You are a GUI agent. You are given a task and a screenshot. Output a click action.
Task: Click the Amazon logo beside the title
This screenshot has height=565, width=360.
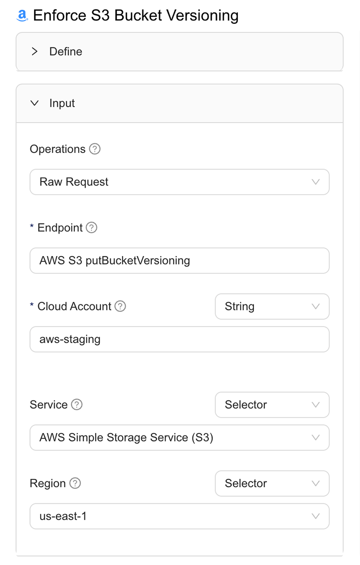coord(22,15)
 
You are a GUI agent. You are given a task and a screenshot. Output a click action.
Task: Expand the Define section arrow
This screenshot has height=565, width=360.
coord(35,52)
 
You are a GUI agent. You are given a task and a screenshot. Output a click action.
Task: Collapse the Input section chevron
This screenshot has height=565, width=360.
coord(35,103)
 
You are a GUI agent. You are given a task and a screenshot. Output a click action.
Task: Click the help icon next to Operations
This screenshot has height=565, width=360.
coord(95,149)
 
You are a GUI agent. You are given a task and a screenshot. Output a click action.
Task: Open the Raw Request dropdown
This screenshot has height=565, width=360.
coord(179,182)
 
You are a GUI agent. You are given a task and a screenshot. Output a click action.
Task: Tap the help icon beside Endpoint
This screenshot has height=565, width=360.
coord(91,227)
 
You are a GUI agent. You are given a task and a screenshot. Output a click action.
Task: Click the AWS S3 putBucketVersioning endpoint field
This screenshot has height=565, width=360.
coord(179,261)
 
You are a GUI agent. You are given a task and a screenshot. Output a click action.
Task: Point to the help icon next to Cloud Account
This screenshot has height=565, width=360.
coord(120,306)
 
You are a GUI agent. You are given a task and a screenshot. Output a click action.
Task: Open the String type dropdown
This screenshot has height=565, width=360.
coord(272,306)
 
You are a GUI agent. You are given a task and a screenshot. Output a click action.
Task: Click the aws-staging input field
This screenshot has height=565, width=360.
coord(179,339)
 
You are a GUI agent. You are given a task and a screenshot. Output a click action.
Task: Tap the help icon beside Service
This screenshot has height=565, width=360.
coord(77,405)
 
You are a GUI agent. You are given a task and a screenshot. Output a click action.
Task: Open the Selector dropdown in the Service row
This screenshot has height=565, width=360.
coord(272,405)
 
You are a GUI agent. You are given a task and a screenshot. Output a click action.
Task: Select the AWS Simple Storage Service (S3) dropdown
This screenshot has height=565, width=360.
coord(179,438)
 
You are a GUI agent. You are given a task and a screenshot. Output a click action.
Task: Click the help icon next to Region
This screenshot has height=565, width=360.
coord(75,483)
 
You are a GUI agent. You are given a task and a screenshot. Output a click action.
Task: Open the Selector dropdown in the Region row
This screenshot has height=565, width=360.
coord(272,483)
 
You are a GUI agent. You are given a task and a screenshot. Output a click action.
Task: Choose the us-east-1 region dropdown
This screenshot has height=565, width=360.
coord(179,516)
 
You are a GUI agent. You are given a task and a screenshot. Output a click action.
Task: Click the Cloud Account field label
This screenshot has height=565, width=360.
coord(74,306)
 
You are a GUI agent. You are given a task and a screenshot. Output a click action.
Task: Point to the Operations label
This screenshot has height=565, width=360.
coord(58,149)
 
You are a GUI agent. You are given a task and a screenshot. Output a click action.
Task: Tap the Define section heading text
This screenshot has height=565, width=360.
coord(66,52)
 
